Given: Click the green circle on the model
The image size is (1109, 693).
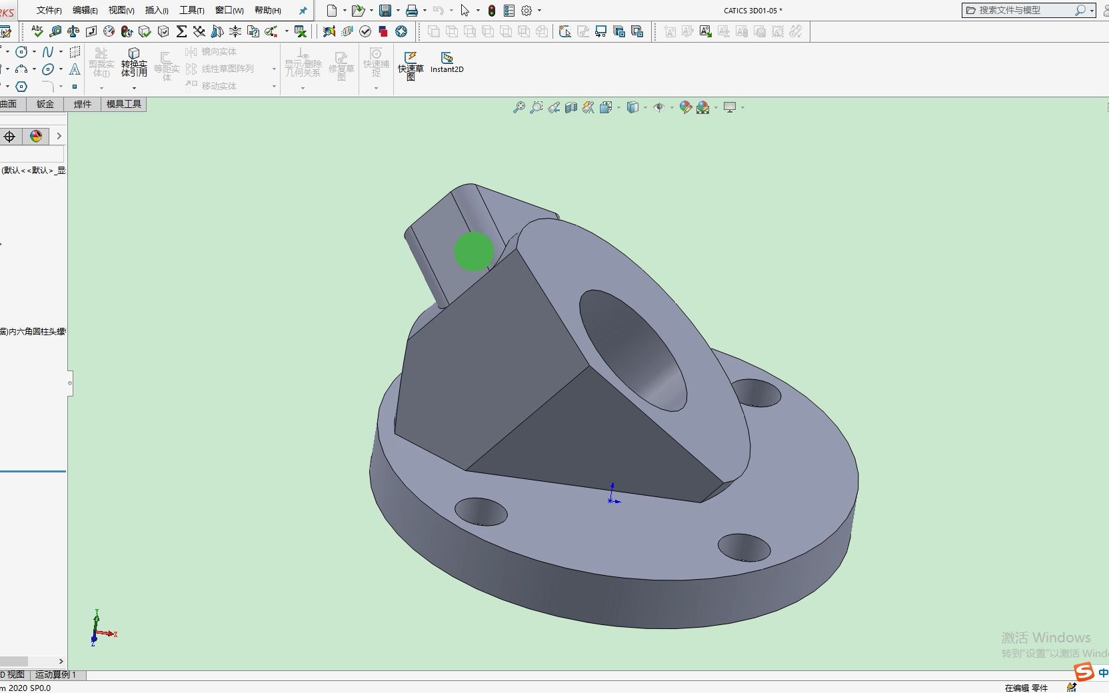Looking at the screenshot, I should (474, 251).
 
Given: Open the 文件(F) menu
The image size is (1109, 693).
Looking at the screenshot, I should (49, 10).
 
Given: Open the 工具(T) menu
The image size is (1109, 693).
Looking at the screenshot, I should (191, 10).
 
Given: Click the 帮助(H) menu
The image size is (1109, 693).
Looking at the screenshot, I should (267, 10).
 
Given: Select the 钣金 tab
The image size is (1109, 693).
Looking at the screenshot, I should (45, 104).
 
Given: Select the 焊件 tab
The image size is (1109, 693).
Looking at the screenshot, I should (83, 104).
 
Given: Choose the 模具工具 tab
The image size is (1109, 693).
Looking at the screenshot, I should (124, 104).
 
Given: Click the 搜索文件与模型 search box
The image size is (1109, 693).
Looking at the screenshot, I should (1023, 10).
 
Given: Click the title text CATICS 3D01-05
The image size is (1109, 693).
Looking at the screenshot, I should (752, 10).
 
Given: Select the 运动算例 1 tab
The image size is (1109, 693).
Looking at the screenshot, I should (56, 674).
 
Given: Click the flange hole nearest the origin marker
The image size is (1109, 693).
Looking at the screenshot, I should (481, 511).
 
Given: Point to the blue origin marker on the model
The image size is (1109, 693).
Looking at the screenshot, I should (612, 496).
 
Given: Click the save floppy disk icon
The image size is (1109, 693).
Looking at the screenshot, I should (385, 10).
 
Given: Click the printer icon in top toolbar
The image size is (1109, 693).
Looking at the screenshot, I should (412, 10).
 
